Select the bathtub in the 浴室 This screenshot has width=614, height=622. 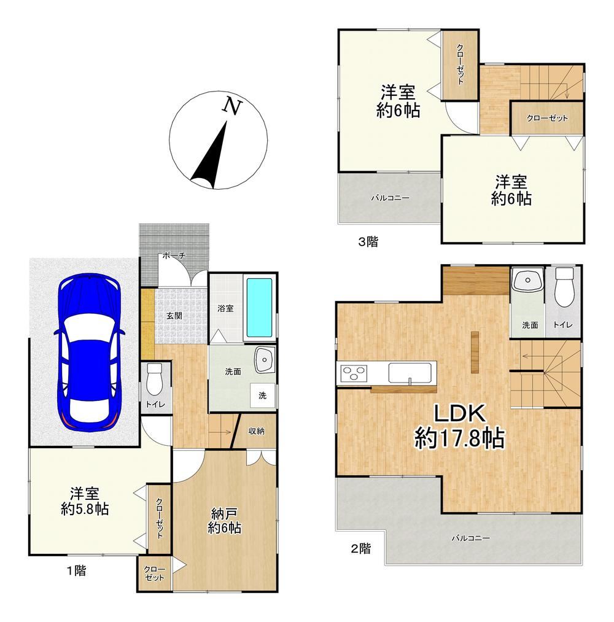(260, 308)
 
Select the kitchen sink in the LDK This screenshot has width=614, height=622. (410, 373)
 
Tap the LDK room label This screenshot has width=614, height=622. (460, 413)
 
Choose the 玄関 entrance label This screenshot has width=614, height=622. (174, 316)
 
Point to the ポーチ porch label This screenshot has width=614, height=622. (174, 256)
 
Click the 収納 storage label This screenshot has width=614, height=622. (256, 431)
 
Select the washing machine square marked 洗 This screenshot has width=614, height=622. (263, 395)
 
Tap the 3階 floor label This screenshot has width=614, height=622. (368, 241)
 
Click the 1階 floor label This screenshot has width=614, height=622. (76, 570)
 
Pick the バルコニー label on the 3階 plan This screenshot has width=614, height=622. (391, 198)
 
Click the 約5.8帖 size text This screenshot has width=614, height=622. (85, 509)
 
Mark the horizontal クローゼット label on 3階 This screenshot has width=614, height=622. (547, 118)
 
